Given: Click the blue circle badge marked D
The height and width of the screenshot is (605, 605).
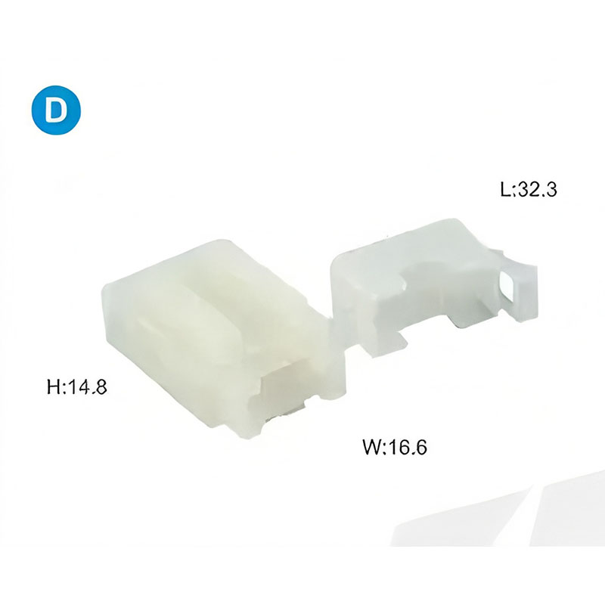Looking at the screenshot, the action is [x=56, y=110].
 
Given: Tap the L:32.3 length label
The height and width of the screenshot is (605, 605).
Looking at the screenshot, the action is [x=528, y=190].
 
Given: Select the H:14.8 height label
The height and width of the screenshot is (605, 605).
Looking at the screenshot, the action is [x=77, y=386].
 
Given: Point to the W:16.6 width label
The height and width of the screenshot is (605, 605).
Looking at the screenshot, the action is [x=395, y=447].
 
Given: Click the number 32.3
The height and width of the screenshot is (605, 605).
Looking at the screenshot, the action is [x=537, y=190].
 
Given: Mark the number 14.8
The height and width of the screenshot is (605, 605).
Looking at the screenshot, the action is [x=86, y=386].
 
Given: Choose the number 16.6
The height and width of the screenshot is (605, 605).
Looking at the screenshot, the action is [x=407, y=447].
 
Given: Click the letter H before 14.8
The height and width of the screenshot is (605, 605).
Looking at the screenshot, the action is [x=53, y=386].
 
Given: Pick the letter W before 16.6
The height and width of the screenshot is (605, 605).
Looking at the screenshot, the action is [x=371, y=447].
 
